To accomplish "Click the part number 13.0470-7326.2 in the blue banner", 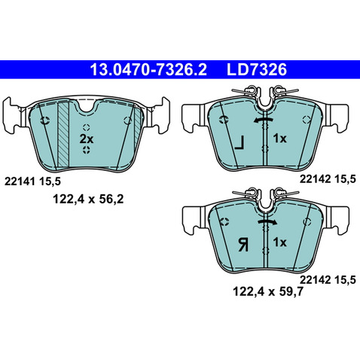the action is pyautogui.click(x=148, y=69).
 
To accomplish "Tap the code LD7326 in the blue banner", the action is pyautogui.click(x=257, y=69).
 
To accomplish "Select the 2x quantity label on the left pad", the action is pyautogui.click(x=87, y=139).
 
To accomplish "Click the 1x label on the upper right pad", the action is pyautogui.click(x=279, y=139).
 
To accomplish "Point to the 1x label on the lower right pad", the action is pyautogui.click(x=279, y=243).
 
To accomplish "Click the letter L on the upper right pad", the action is pyautogui.click(x=239, y=143).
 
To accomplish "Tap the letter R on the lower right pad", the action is pyautogui.click(x=243, y=245).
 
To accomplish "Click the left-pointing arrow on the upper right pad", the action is pyautogui.click(x=263, y=121).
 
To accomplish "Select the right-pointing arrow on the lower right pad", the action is pyautogui.click(x=267, y=221).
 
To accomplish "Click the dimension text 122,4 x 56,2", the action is pyautogui.click(x=88, y=200).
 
